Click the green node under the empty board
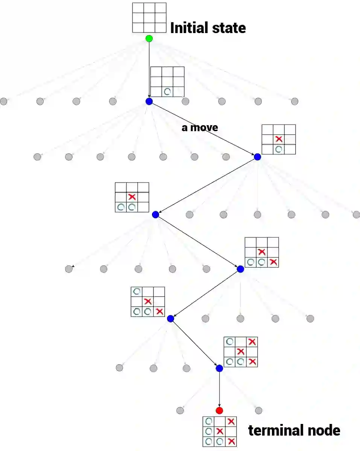[x=149, y=38]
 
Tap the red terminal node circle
[x=219, y=410]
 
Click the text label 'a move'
[x=200, y=127]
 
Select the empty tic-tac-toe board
[x=149, y=18]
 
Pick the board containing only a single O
[x=167, y=82]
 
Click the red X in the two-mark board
[x=279, y=139]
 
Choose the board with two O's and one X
[x=132, y=197]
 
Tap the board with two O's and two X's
[x=261, y=252]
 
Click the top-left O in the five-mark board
[x=137, y=291]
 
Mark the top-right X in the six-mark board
[x=252, y=342]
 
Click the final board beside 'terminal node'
[x=220, y=431]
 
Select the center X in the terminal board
[x=220, y=431]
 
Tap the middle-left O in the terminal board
[x=208, y=431]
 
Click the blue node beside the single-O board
[x=149, y=101]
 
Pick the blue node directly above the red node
[x=219, y=368]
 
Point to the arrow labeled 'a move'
[x=203, y=129]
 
